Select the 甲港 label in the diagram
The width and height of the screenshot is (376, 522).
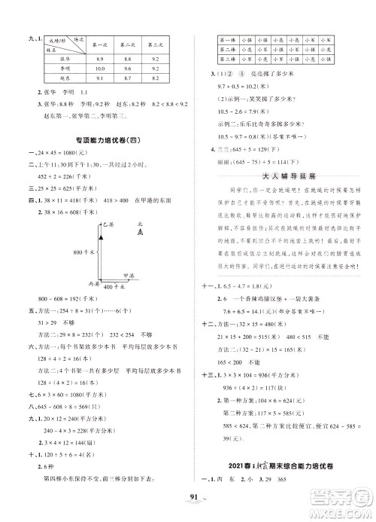tap(130, 276)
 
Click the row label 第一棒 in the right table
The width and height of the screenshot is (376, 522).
tap(229, 36)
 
